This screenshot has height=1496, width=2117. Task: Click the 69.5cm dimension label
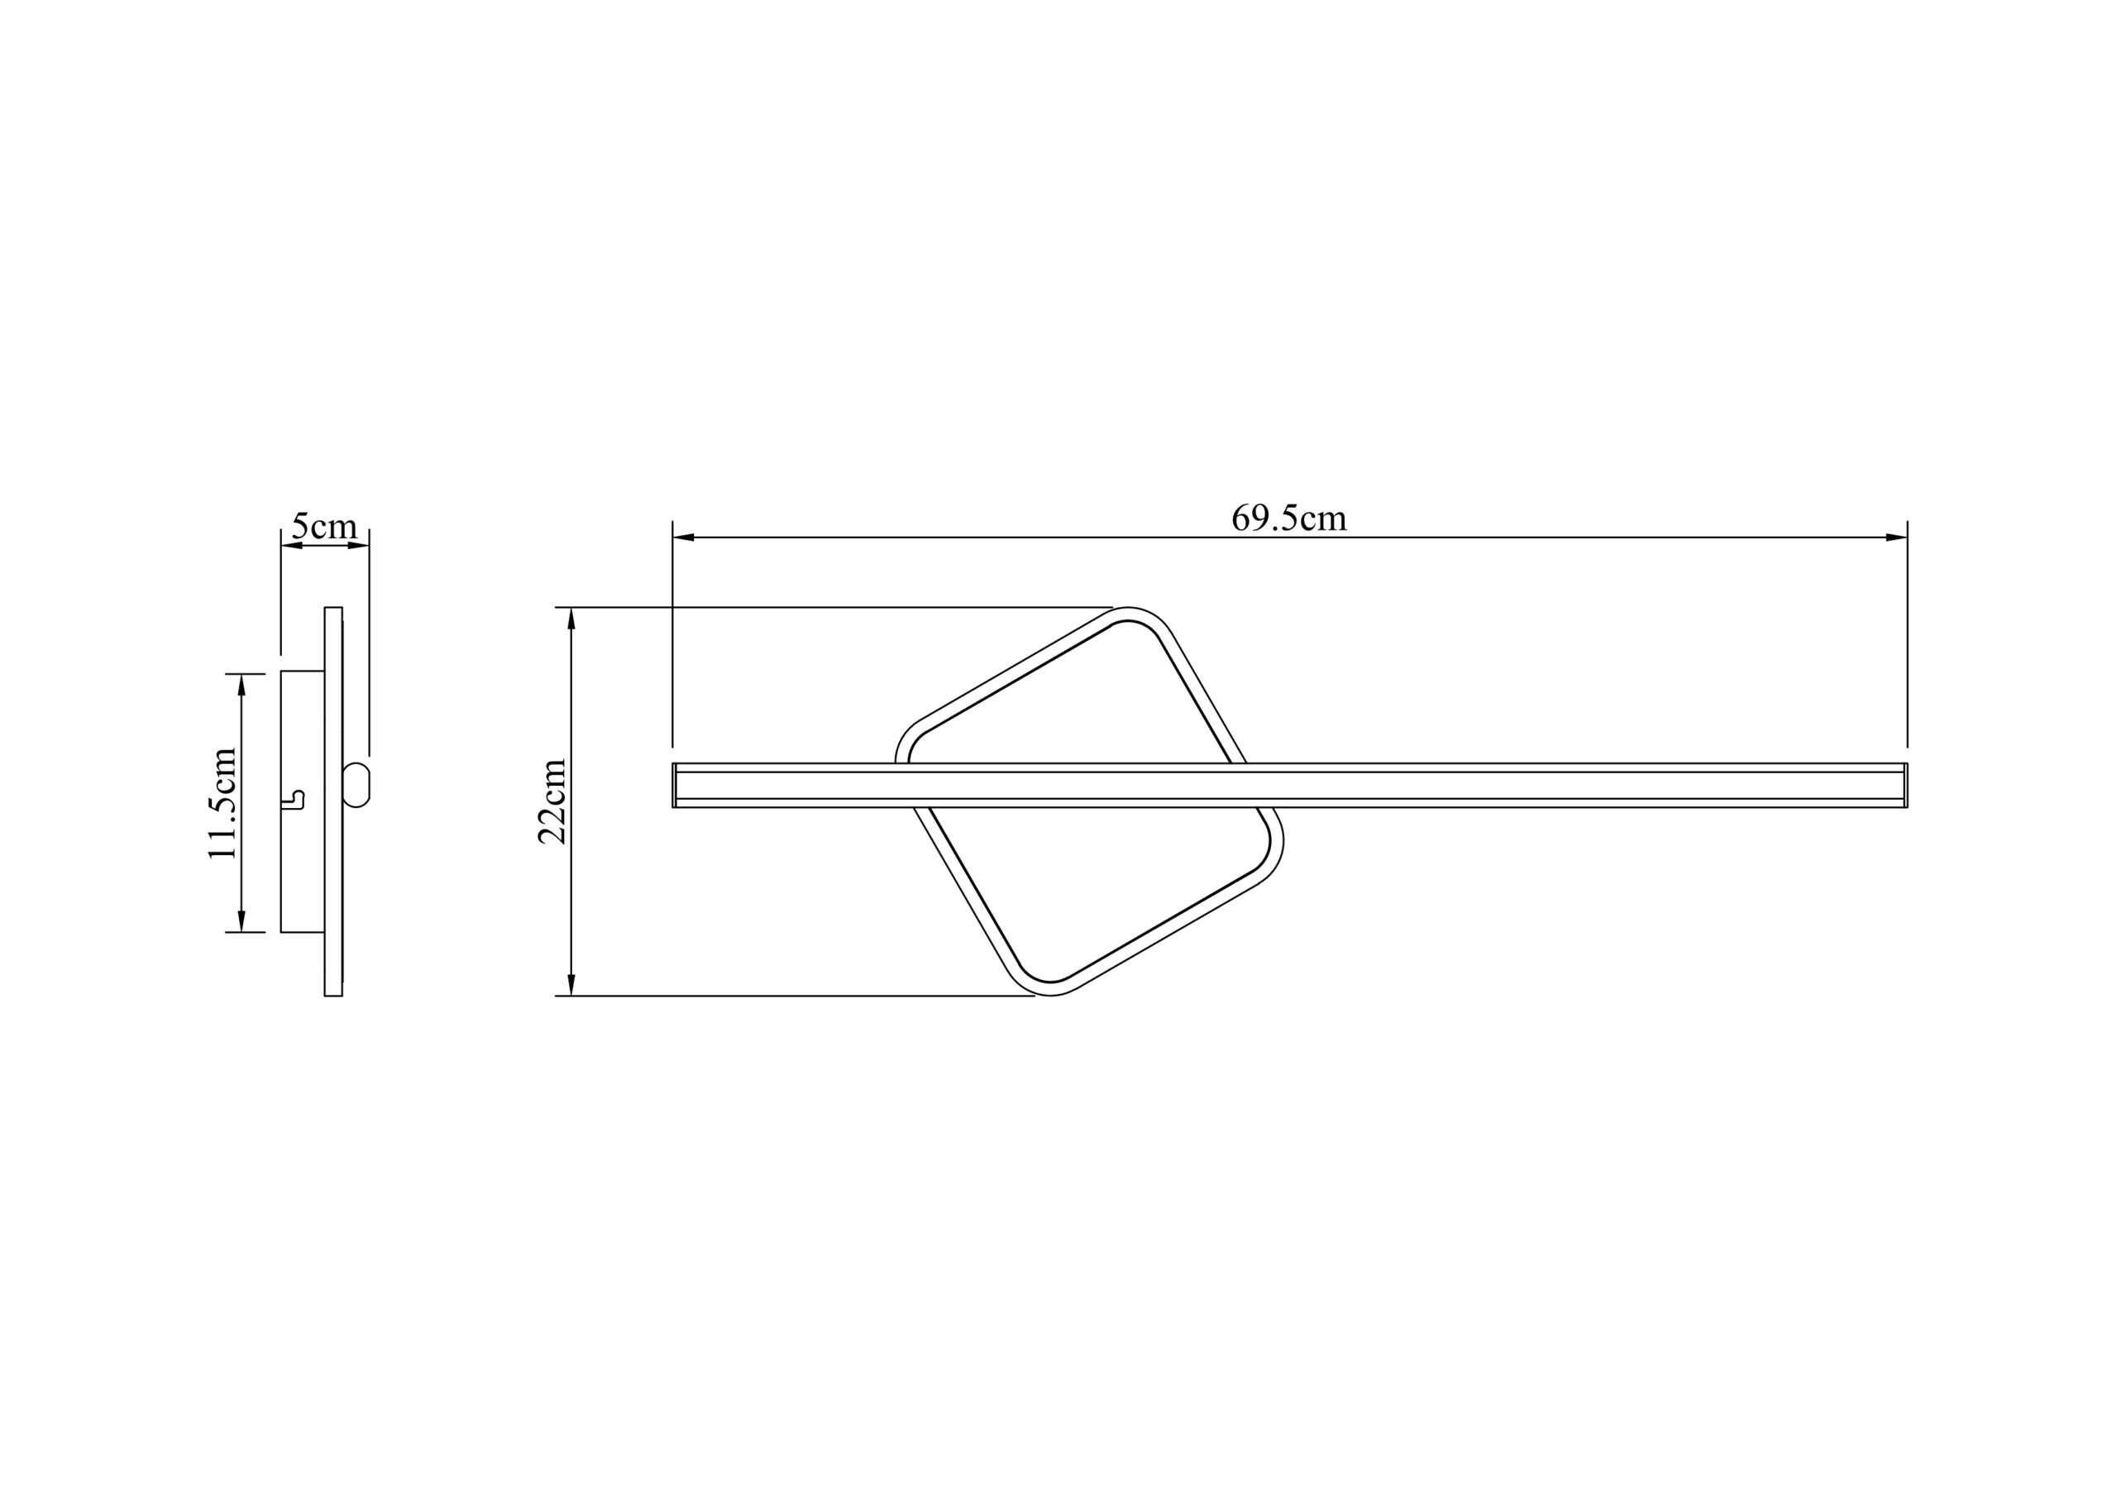(x=1289, y=519)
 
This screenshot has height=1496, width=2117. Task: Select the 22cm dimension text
(x=552, y=801)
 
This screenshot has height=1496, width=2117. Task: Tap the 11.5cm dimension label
(x=223, y=803)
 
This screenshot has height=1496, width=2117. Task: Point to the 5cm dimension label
(x=323, y=527)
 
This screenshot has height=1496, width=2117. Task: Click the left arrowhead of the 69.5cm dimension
(x=683, y=537)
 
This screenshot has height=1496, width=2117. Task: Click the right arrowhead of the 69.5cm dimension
(x=1897, y=537)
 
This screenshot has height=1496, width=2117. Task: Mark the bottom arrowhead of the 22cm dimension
(x=571, y=985)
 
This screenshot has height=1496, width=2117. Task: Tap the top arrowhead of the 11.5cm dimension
(x=241, y=685)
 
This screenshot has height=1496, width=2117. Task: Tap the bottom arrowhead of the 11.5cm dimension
(x=241, y=921)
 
